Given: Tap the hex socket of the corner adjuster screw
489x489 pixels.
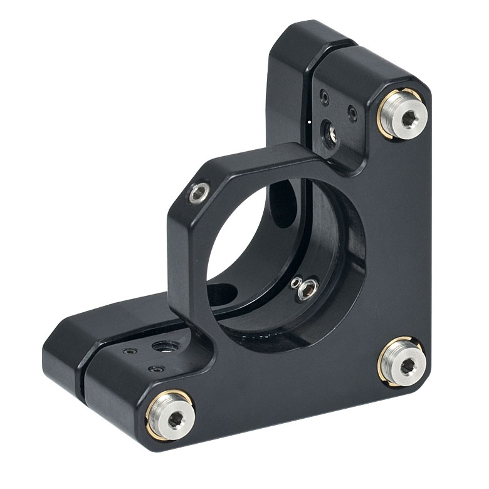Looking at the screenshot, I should pos(407,365).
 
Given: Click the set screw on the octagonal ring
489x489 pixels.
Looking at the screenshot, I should pos(198,194).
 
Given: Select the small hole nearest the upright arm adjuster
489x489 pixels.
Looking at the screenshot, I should pos(352,115).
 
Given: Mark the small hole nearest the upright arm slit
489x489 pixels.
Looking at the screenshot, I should pos(323,97).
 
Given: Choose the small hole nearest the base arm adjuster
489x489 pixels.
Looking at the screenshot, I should pos(153,369).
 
